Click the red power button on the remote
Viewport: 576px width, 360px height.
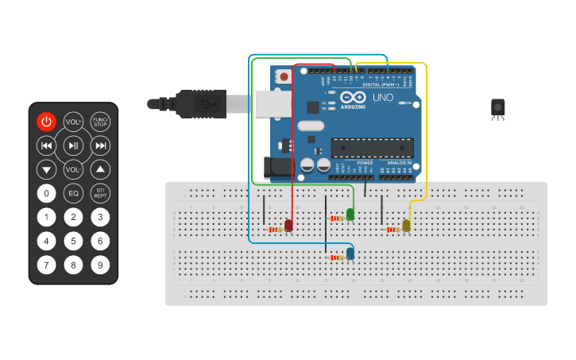46,122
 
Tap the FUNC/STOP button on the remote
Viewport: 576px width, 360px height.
100,122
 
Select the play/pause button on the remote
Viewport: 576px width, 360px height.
73,145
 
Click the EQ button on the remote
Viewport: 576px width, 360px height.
73,193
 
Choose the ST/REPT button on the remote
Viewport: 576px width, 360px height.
100,193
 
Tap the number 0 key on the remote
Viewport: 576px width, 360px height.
46,193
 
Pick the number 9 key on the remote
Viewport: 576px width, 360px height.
100,265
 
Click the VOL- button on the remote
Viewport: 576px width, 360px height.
73,169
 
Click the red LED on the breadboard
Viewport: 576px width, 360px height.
288,226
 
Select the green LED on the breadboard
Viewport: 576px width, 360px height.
350,214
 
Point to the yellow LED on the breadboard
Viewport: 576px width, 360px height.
406,226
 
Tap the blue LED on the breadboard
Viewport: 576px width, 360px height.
350,254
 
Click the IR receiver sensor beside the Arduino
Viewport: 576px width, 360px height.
497,108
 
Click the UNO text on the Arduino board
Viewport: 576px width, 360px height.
382,98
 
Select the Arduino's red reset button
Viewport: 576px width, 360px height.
284,77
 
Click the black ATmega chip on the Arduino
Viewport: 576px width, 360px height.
372,148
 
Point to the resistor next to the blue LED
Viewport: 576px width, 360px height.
337,257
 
